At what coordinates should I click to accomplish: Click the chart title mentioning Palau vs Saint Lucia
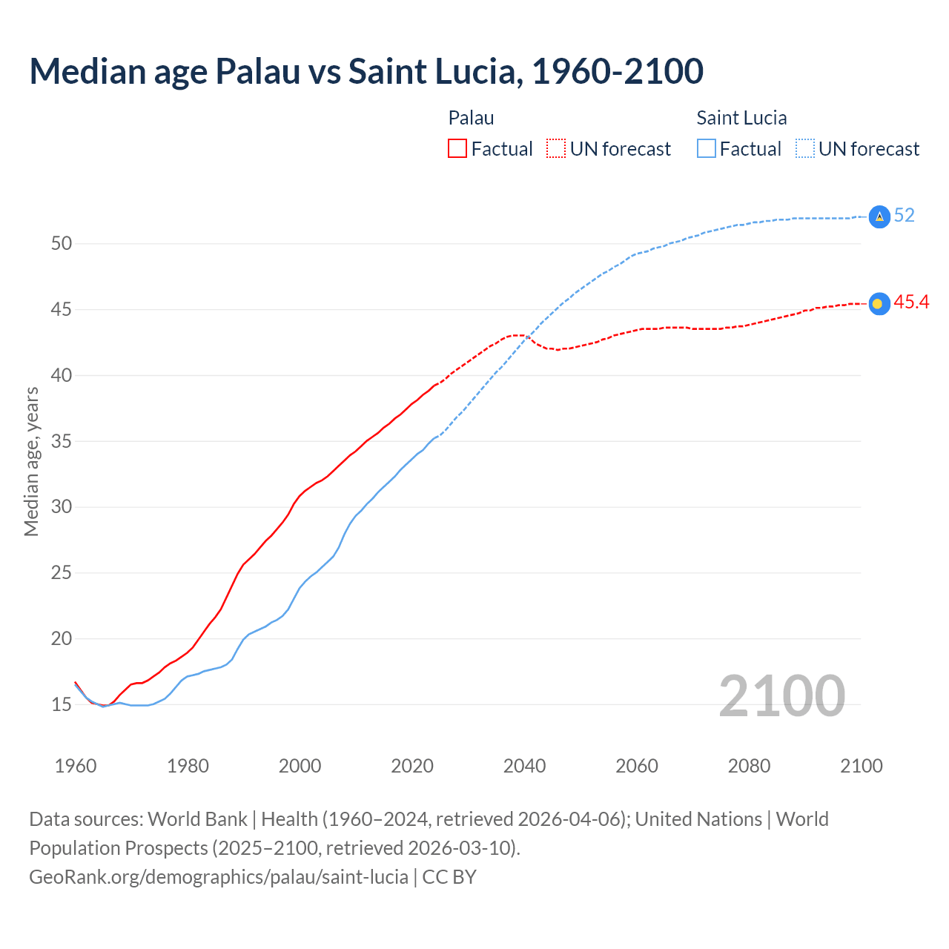(366, 72)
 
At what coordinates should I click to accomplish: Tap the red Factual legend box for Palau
(457, 149)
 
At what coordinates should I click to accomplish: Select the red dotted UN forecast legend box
(556, 149)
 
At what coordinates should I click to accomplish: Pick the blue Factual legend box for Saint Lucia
(707, 149)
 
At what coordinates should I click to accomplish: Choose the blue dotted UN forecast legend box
(805, 149)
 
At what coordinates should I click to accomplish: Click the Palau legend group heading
(471, 118)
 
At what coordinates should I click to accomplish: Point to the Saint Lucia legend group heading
(741, 118)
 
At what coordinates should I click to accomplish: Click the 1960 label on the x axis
(76, 766)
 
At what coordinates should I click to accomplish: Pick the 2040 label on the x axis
(524, 766)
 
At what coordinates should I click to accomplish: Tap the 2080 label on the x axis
(749, 766)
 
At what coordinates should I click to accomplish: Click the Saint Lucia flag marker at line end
(879, 216)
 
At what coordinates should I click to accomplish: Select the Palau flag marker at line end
(879, 303)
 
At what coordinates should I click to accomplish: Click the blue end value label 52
(905, 216)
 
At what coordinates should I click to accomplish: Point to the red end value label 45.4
(911, 302)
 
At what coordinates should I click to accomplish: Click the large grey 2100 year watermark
(781, 695)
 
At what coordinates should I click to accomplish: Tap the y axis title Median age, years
(31, 461)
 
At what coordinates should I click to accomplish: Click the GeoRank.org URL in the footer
(219, 877)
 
